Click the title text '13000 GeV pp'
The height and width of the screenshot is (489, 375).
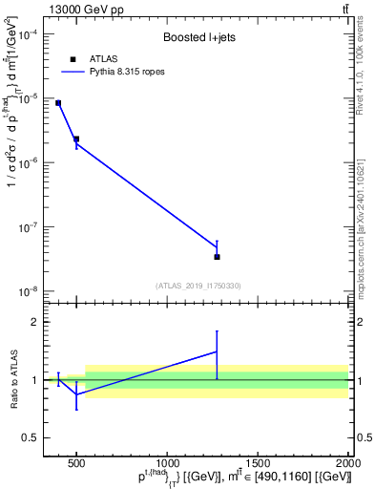coord(81,10)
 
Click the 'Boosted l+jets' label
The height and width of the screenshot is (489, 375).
coord(198,38)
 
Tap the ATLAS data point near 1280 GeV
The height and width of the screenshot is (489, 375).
coord(217,256)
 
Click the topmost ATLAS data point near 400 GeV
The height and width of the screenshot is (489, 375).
coord(58,103)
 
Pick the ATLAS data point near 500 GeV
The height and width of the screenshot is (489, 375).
coord(76,139)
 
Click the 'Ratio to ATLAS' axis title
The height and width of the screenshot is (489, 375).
coord(13,379)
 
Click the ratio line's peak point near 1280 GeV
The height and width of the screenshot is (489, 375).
coord(217,351)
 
